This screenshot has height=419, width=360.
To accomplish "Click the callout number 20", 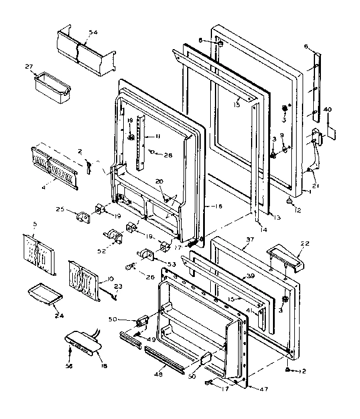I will (159, 182).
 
